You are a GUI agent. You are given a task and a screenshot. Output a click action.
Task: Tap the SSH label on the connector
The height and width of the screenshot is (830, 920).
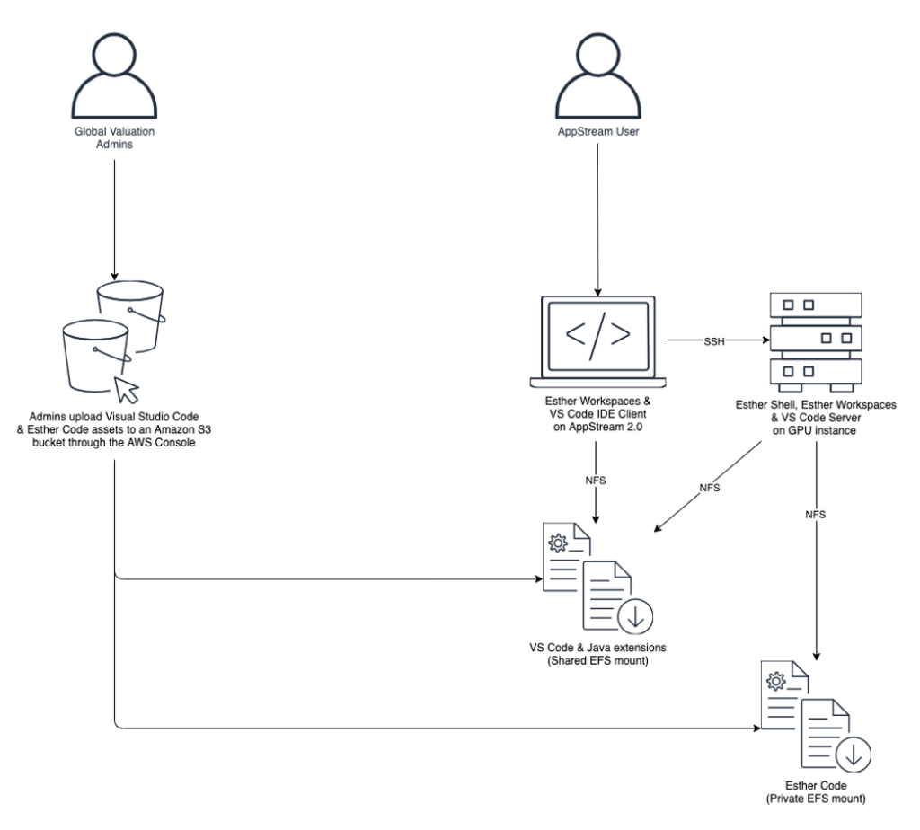[x=716, y=341]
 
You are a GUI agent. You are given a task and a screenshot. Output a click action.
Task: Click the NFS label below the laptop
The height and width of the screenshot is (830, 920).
[x=595, y=481]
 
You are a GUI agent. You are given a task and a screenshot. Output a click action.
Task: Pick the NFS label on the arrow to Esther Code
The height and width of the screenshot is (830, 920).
[x=817, y=516]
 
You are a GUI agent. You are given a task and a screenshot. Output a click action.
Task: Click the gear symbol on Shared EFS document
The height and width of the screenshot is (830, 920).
[x=556, y=544]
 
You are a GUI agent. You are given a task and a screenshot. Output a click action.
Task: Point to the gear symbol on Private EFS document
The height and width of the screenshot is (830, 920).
[x=774, y=686]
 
